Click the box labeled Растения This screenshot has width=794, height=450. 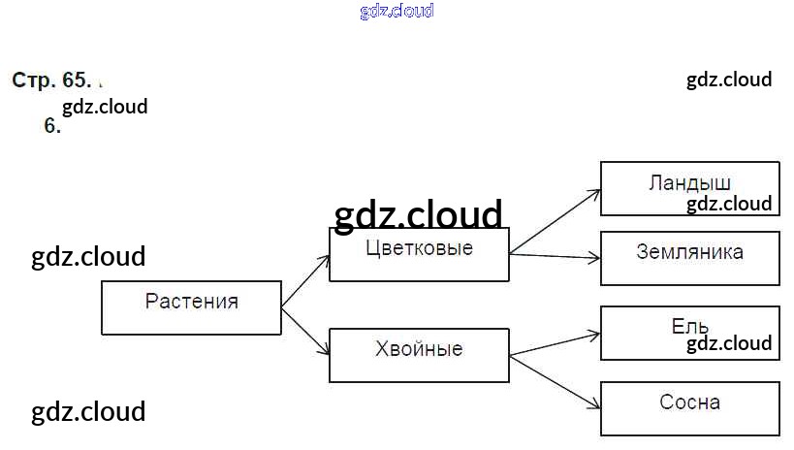click(191, 307)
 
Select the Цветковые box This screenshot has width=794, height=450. click(419, 254)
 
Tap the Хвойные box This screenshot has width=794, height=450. click(419, 355)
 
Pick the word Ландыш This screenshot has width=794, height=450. click(689, 183)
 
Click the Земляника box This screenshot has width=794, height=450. click(690, 258)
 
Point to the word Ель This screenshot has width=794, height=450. click(689, 327)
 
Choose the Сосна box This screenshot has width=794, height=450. click(690, 408)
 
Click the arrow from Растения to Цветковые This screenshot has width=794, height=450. click(305, 281)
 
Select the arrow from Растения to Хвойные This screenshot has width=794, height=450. click(305, 332)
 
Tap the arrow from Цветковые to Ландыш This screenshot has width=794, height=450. click(555, 221)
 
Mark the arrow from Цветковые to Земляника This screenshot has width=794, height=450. click(555, 256)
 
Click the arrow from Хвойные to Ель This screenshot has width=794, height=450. click(555, 344)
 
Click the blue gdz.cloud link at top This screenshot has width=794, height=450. click(397, 11)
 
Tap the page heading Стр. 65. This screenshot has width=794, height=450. click(51, 80)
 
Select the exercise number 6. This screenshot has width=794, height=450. click(52, 126)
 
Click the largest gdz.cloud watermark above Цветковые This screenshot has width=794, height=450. click(418, 214)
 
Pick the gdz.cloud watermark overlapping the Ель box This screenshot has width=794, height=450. click(729, 343)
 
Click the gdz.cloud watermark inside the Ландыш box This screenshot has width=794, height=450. click(729, 205)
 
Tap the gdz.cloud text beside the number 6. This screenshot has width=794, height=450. click(105, 107)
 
